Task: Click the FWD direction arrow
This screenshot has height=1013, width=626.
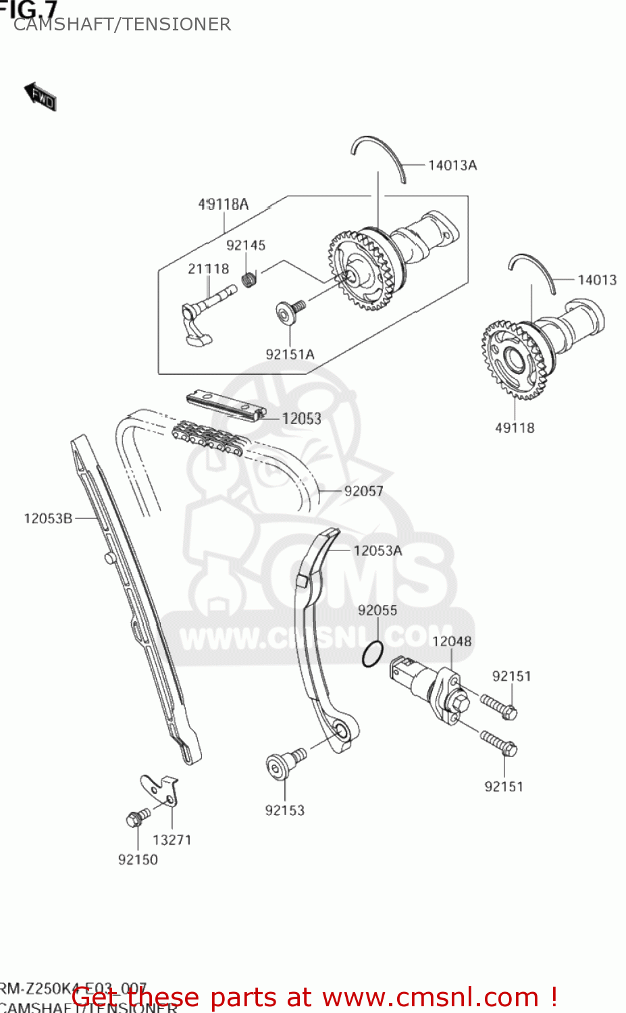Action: click(x=41, y=97)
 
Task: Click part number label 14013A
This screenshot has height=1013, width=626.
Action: click(x=452, y=165)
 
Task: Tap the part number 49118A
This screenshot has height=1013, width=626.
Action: click(x=223, y=204)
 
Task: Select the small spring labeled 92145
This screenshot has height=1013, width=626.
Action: click(x=249, y=278)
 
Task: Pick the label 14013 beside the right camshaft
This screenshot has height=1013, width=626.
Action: click(x=596, y=280)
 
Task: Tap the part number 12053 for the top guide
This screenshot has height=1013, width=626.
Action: click(x=301, y=419)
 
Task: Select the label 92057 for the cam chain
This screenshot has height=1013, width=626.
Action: click(x=363, y=491)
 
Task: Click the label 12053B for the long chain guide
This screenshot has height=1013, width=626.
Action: click(x=48, y=519)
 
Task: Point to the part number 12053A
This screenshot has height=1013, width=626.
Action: click(x=377, y=550)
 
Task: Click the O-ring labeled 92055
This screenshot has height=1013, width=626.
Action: click(x=372, y=654)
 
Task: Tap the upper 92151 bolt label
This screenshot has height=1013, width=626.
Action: click(x=511, y=676)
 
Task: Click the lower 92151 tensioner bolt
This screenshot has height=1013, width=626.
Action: click(x=499, y=743)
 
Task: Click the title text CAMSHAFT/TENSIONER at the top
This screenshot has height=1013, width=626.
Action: click(x=122, y=24)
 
